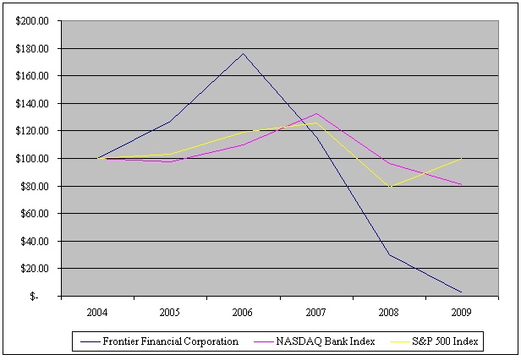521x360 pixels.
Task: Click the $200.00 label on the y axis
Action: [33, 21]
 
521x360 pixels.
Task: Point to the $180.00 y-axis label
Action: [33, 48]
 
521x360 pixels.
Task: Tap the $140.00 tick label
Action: [33, 103]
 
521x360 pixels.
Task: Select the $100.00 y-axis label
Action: [33, 158]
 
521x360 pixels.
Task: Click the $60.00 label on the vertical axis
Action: [35, 213]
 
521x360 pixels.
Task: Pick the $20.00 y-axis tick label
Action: [35, 268]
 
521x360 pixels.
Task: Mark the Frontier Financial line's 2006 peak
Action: [243, 53]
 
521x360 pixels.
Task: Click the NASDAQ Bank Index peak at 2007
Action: [315, 113]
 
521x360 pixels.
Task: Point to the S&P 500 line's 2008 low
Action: [389, 187]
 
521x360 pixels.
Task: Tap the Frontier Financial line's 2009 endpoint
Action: [462, 292]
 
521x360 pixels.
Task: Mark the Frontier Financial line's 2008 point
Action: [389, 255]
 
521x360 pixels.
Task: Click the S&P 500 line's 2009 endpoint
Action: [462, 158]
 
